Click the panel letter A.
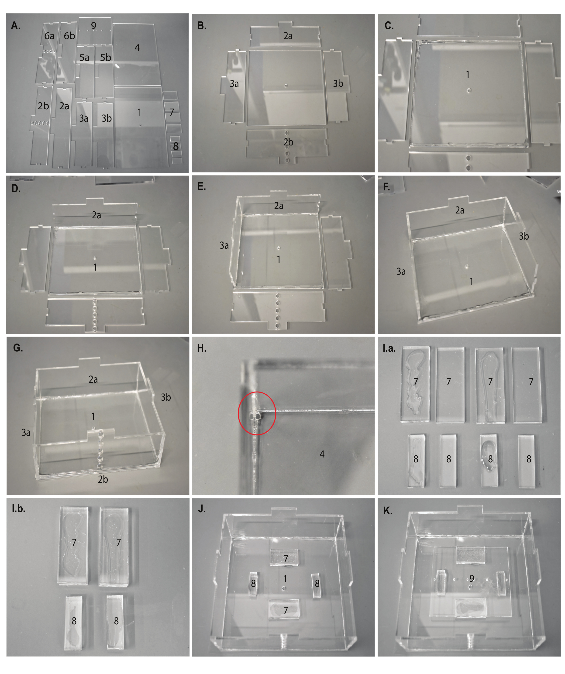tap(15, 25)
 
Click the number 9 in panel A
tap(93, 25)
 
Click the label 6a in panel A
tap(49, 36)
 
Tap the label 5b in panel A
tap(106, 58)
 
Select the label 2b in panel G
tap(103, 479)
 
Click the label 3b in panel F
tap(524, 236)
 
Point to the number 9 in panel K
tap(472, 578)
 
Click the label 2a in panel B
tap(288, 36)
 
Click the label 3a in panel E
tap(224, 246)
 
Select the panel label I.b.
tap(18, 509)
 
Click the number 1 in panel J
tap(285, 579)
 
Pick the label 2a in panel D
tap(96, 215)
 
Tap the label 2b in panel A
tap(43, 106)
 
